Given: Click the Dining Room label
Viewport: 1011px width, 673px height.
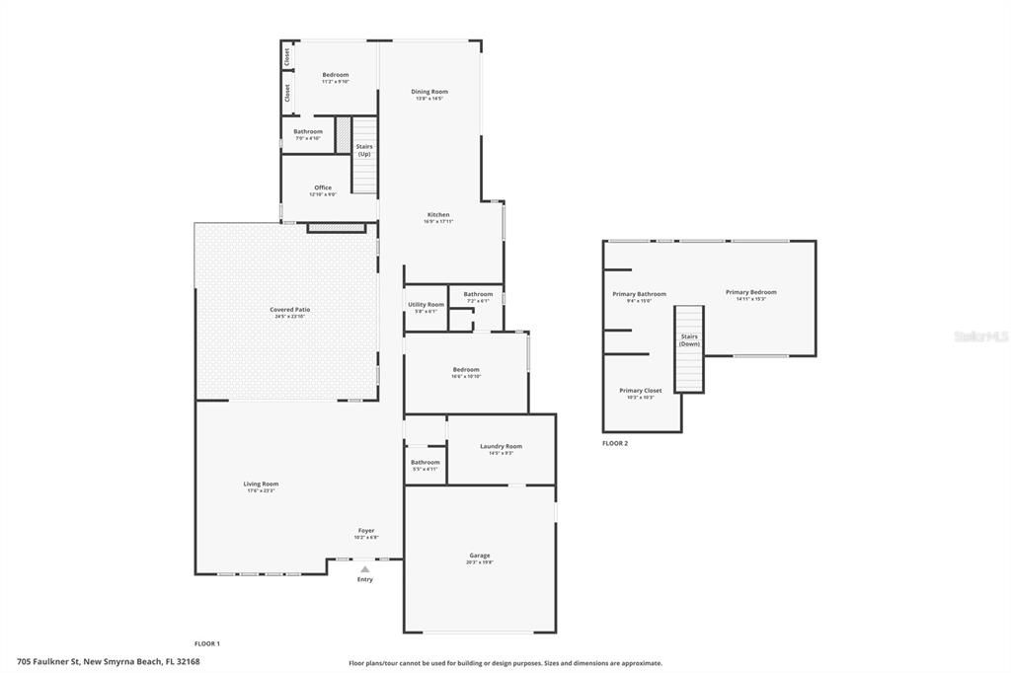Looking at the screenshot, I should [429, 92].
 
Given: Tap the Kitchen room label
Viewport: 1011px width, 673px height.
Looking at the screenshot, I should [438, 215].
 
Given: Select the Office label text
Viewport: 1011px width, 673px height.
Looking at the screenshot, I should [323, 187].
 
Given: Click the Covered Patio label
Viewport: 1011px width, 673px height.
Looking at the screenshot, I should [290, 310].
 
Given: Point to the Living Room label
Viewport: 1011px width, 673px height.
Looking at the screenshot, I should [262, 484].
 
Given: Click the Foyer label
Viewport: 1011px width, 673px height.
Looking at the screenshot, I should [366, 531].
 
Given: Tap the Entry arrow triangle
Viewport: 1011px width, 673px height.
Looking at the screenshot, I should [365, 568].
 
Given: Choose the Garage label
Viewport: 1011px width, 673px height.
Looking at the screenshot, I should [480, 556].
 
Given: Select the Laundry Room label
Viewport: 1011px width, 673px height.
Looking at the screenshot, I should [501, 446].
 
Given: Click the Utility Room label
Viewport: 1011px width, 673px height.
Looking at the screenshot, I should [427, 305].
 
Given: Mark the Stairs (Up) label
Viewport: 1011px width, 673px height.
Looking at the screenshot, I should [364, 150].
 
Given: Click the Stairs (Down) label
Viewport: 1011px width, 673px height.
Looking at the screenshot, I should [689, 339].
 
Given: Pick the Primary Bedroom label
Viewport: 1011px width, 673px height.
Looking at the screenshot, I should [750, 292].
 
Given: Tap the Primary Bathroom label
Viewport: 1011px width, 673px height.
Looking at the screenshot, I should [639, 294].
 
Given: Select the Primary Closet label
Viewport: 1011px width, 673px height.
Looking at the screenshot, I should [640, 391].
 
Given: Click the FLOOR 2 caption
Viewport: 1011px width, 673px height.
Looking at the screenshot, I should [615, 443].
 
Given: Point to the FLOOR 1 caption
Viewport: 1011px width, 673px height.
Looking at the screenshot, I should [206, 643].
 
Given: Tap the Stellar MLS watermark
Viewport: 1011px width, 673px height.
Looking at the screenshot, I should [981, 336].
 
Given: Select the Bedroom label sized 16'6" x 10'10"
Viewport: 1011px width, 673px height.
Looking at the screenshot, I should [466, 370].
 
